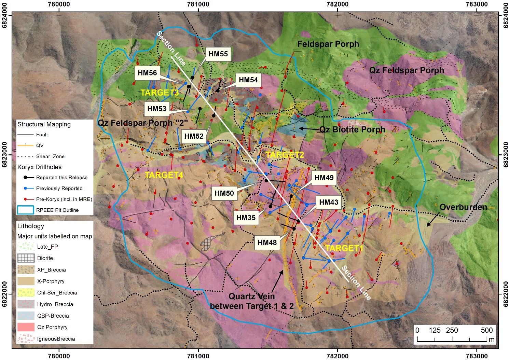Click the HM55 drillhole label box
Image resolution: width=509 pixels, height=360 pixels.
tap(218, 54)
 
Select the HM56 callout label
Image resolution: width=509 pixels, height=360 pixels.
tap(147, 73)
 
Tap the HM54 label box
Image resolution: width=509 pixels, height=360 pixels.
tap(248, 80)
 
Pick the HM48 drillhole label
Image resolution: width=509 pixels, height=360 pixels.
tap(267, 243)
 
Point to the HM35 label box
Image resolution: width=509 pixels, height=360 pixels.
tap(246, 218)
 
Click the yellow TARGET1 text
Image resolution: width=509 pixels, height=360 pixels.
tap(344, 248)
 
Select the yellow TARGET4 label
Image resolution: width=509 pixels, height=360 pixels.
tap(164, 175)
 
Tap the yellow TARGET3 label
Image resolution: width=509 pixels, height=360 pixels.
tap(160, 93)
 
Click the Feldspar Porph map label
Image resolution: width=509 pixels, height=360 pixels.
tap(328, 44)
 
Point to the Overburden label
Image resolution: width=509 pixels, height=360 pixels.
tap(463, 207)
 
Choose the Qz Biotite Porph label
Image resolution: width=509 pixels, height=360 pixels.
tap(352, 129)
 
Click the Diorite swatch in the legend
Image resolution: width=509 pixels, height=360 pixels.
tap(26, 258)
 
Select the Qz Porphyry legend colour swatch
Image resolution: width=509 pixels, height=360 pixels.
tap(26, 327)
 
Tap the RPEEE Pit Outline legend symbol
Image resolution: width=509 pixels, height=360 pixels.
tap(26, 210)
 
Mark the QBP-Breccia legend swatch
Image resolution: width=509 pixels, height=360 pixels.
tap(26, 316)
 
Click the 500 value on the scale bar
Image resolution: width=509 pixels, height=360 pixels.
tap(486, 330)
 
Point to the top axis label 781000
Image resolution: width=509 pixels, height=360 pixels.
tap(198, 4)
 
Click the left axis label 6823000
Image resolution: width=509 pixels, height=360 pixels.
tap(4, 155)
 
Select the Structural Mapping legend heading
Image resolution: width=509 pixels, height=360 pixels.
tap(44, 124)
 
